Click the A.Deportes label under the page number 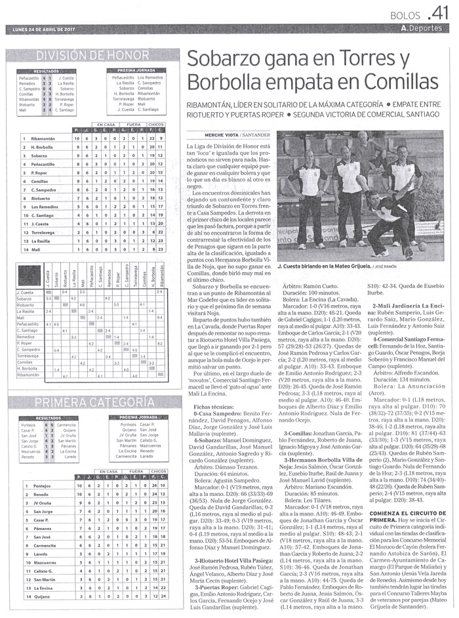point(425,29)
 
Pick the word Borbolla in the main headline point(222,83)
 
